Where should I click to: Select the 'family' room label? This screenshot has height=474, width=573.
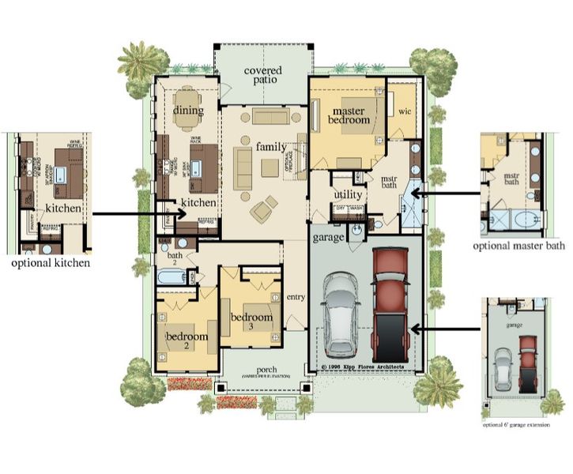[x=271, y=147]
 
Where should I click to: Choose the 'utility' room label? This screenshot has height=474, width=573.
[x=348, y=194]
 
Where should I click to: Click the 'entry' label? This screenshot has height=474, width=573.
[x=295, y=296]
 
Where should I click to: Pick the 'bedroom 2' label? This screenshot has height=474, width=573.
[x=187, y=340]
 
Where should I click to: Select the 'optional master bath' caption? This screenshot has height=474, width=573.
[x=519, y=246]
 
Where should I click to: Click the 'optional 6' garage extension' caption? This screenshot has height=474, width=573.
[x=521, y=424]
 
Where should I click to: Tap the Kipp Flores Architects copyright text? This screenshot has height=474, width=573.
[x=363, y=367]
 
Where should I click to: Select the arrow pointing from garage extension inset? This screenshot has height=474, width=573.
[x=447, y=328]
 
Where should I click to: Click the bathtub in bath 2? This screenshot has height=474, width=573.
[x=172, y=277]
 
